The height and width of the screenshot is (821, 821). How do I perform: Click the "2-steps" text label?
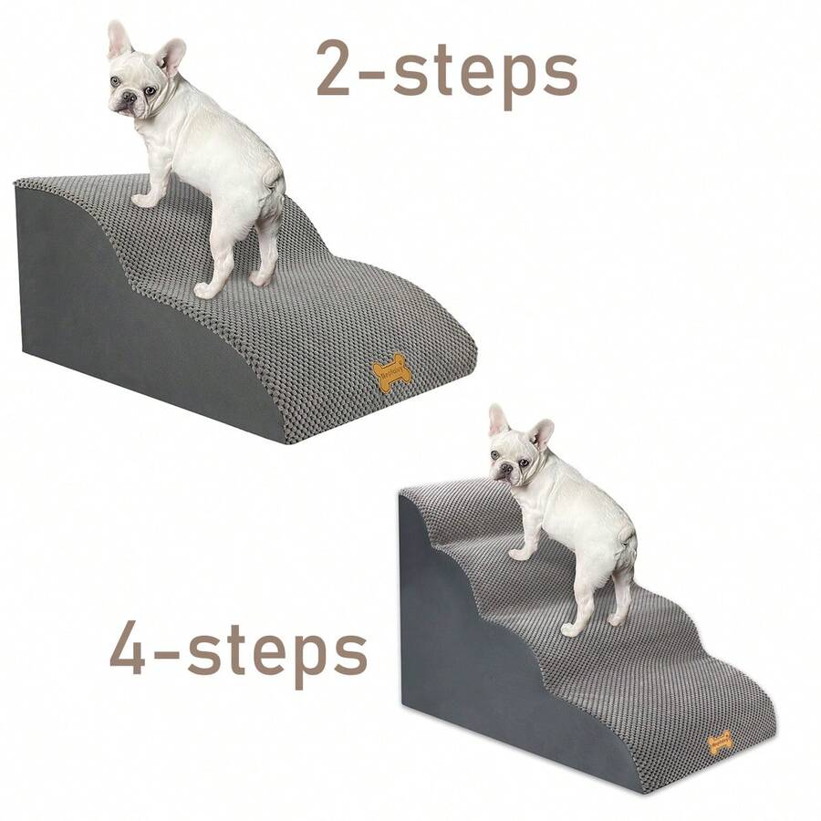point(447,71)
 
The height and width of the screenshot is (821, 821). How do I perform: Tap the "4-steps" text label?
point(239,649)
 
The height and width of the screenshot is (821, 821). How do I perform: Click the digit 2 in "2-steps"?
point(337,71)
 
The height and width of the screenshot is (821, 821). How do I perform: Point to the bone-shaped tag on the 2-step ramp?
point(392,374)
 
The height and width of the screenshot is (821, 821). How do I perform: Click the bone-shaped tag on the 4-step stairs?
point(720,741)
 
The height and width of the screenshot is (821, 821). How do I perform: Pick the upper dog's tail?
point(274,173)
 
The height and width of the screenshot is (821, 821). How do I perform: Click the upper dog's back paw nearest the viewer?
point(204,291)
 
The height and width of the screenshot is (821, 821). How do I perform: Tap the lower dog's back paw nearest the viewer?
point(570,629)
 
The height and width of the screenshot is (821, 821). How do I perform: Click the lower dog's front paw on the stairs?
point(518,554)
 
